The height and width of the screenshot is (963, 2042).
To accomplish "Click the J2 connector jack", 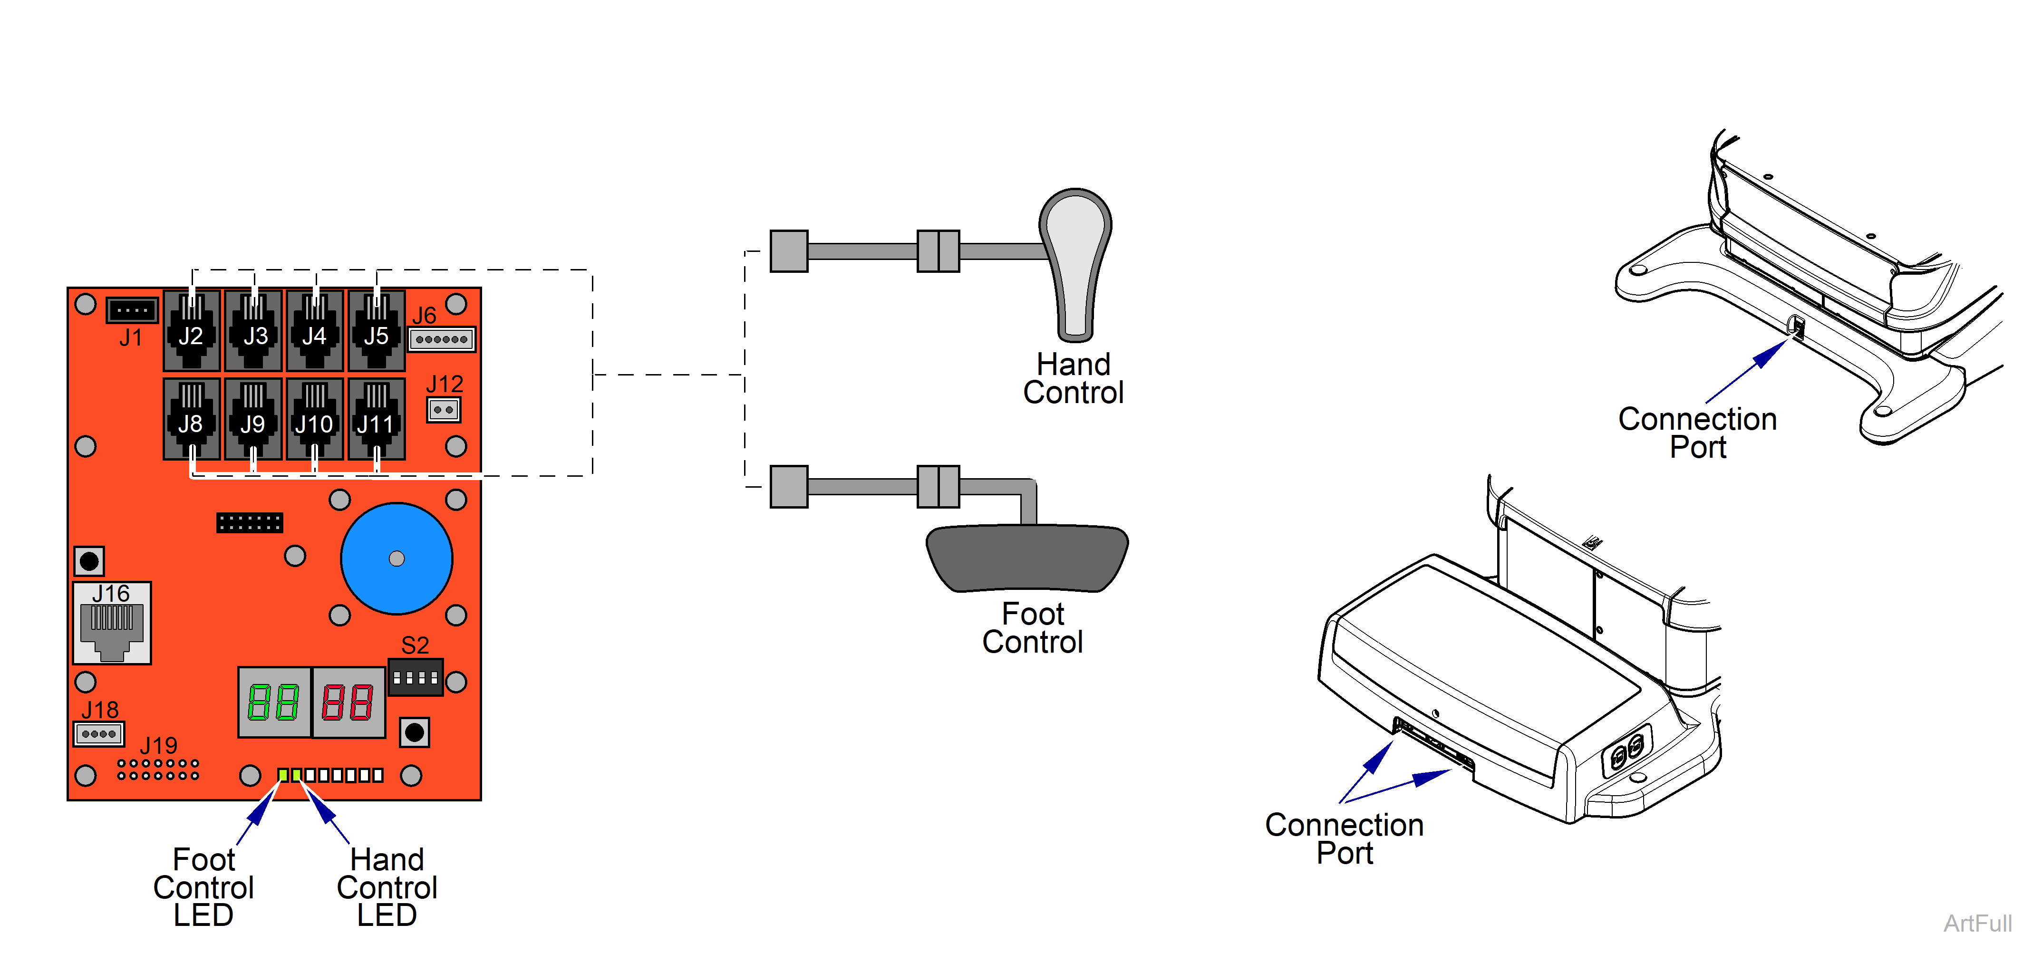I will pos(191,330).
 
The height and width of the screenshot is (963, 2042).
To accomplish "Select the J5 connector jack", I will pos(377,330).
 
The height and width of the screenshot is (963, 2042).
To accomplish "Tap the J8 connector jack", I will pos(191,418).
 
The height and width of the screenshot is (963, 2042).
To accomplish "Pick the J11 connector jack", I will pos(377,418).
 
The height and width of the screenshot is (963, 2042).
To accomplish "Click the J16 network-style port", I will pos(112,624).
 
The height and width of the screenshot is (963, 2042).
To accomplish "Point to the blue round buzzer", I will pos(397,559).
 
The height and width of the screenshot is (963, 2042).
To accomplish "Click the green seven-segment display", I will pos(274,702).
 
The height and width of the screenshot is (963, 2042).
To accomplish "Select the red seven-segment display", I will pos(348,702).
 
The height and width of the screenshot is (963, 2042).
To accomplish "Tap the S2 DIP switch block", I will pos(416,678).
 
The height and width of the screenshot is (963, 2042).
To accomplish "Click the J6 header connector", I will pos(442,339).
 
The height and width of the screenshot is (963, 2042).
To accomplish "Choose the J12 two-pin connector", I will pos(443,410).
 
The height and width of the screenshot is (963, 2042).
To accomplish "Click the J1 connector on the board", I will pos(132,310).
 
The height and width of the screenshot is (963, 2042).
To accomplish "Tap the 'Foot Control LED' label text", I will pos(203,887).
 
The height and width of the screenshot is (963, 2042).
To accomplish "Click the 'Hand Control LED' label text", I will pos(387,887).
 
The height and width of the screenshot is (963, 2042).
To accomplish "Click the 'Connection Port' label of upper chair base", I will pos(1697,433).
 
